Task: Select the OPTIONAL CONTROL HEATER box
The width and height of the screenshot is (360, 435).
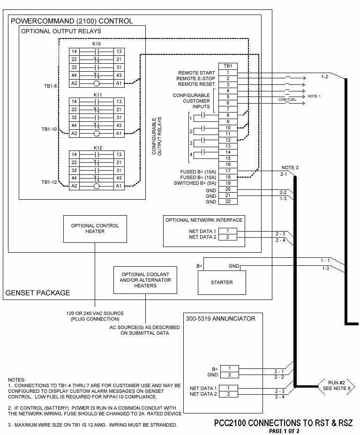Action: (x=94, y=228)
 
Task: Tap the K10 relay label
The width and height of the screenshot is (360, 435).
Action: (x=97, y=44)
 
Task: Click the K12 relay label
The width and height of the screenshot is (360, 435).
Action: (x=97, y=148)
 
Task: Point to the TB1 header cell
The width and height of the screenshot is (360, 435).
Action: (x=228, y=67)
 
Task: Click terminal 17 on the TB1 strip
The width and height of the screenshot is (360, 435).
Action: (x=228, y=171)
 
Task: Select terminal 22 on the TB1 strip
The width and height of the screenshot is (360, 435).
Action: (x=228, y=202)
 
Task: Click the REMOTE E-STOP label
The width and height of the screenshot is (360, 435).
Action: (x=196, y=78)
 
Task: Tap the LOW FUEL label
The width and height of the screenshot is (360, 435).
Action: (x=286, y=99)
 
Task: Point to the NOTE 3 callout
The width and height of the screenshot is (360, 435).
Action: (x=290, y=167)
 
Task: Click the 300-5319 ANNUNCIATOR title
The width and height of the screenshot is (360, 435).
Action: (x=221, y=319)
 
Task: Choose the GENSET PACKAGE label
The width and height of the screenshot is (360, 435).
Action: (x=37, y=293)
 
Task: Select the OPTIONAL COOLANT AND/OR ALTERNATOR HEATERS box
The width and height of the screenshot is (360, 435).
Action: (x=145, y=280)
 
